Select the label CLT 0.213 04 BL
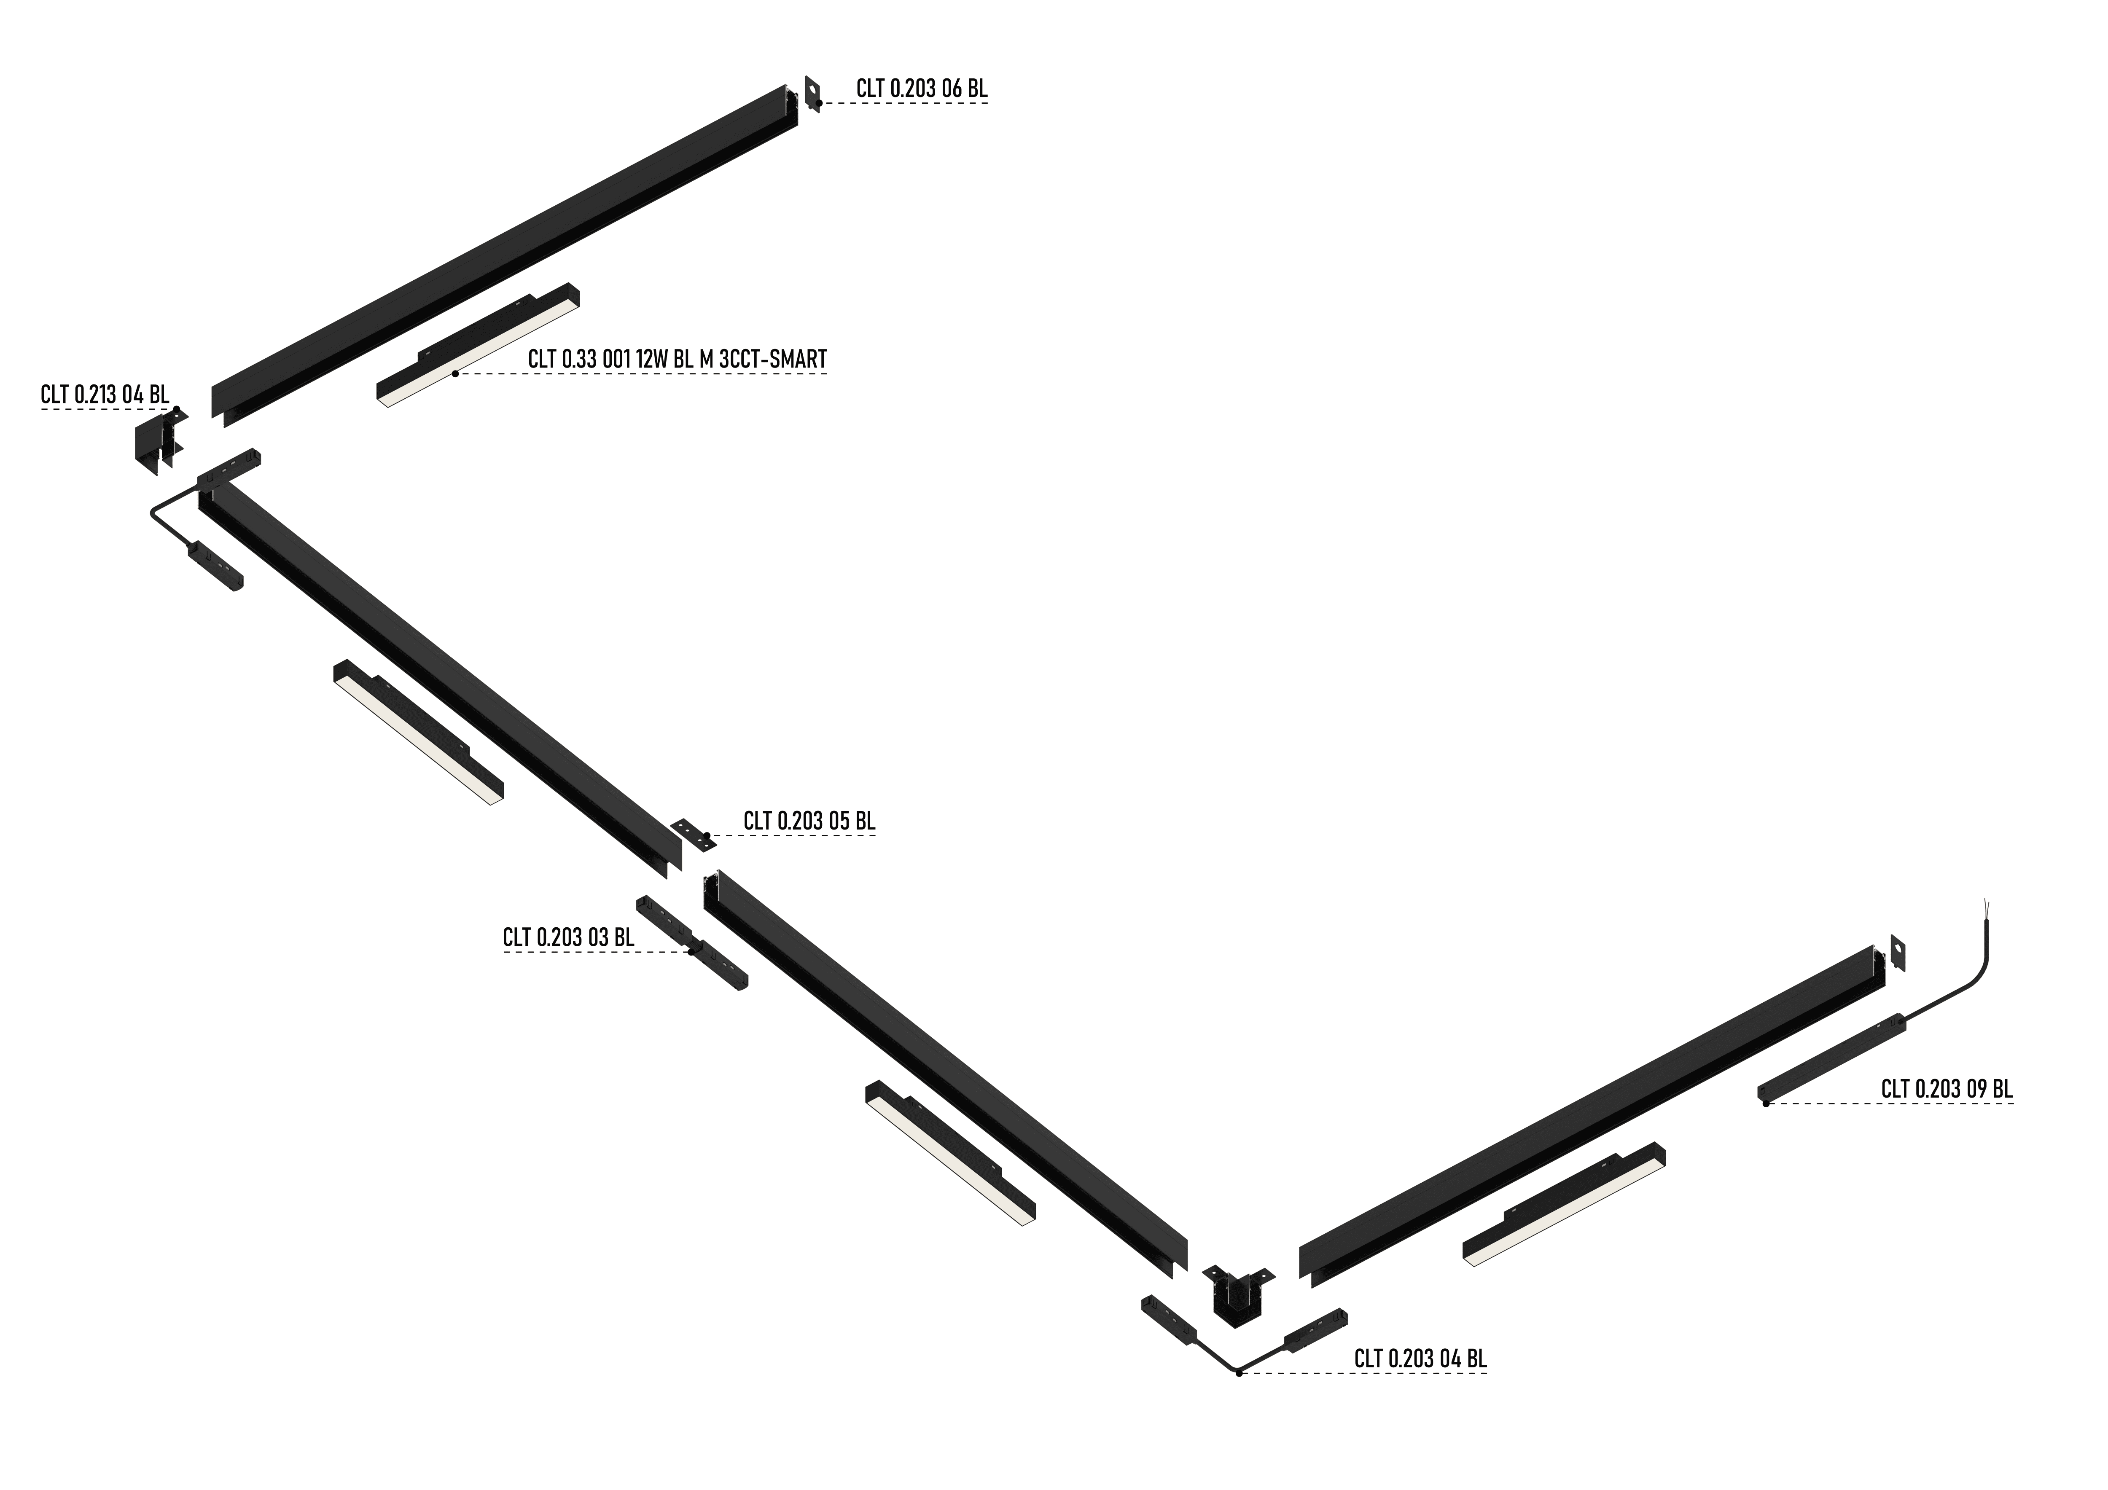point(105,395)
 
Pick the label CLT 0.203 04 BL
point(1420,1359)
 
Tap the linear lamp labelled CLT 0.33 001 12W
point(477,344)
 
